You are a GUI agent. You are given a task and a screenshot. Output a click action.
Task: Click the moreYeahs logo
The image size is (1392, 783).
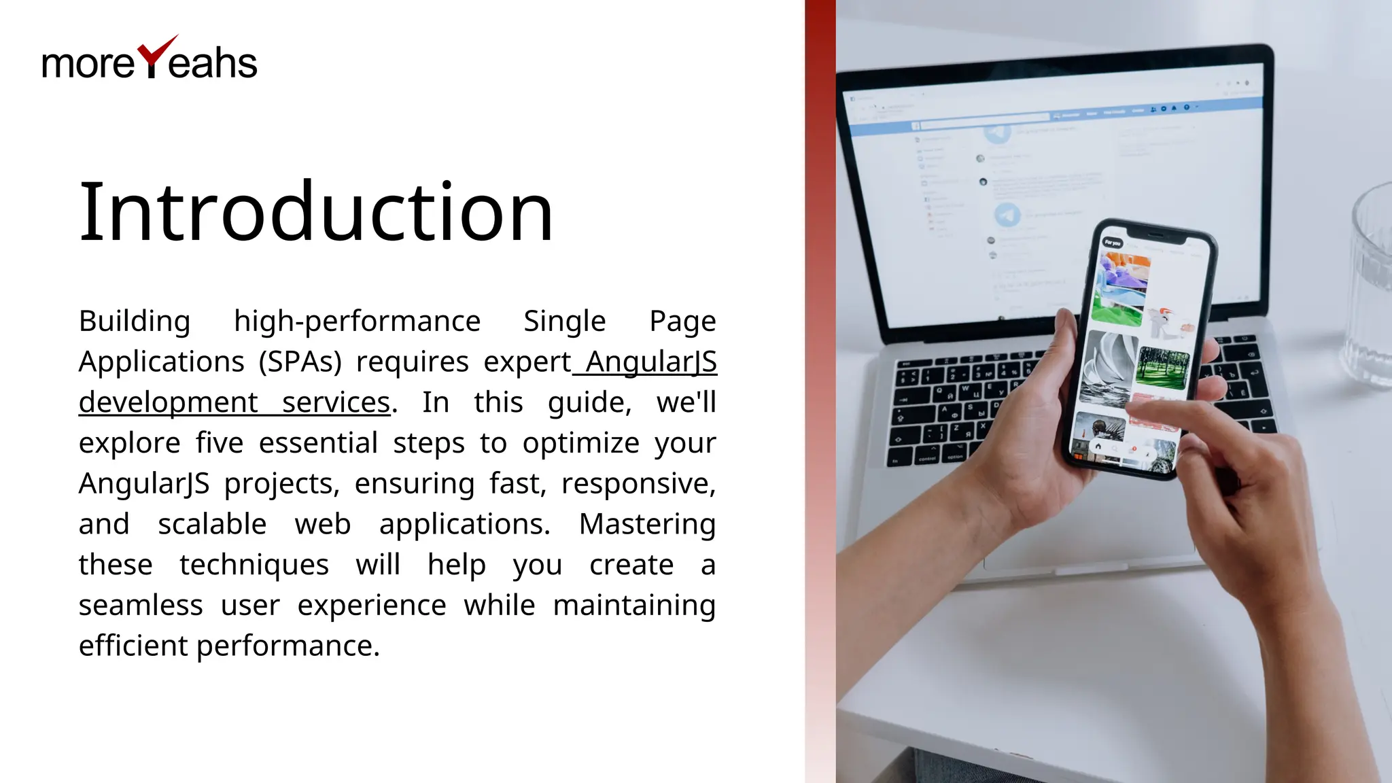coord(150,60)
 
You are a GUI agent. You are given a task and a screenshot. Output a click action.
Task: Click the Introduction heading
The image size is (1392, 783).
coord(316,211)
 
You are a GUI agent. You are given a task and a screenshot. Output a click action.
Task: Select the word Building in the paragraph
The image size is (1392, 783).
coord(135,321)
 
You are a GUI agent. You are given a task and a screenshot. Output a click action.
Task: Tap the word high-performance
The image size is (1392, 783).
coord(357,321)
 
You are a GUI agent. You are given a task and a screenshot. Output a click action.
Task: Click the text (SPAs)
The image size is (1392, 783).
coord(300,362)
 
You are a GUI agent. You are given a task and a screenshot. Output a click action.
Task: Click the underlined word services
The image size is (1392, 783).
coord(336,402)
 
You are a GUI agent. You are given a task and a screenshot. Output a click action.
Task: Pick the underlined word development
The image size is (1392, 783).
coord(168,402)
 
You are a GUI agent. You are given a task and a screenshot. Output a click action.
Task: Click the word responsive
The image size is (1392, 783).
coord(638,484)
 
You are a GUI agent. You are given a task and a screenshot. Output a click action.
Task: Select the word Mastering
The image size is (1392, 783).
coord(647,524)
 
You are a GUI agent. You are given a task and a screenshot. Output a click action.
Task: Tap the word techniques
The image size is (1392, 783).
coord(254,565)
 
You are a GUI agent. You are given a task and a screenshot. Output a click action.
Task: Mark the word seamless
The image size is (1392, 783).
coord(141,605)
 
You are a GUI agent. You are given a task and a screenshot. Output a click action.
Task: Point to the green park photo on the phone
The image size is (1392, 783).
coord(1163,368)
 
